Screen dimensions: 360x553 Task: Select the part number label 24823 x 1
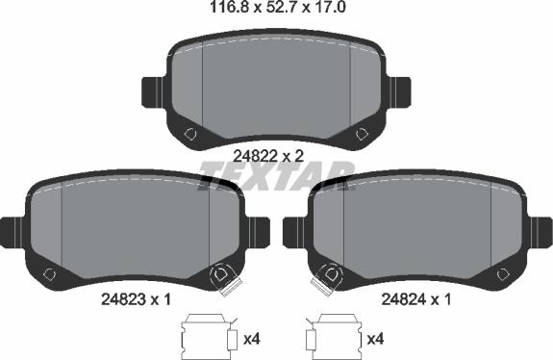135,299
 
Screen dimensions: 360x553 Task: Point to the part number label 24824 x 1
415,299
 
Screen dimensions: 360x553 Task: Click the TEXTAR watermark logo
277,176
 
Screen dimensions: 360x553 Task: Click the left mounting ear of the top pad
153,92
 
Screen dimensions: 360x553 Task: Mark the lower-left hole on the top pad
191,133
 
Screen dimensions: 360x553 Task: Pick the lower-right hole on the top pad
362,133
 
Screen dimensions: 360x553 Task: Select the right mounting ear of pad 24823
258,233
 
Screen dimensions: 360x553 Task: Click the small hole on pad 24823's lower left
49,273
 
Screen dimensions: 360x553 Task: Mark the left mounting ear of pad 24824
294,233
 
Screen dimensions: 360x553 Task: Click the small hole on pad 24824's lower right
504,273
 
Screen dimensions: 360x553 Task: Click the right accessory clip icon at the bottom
331,336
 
